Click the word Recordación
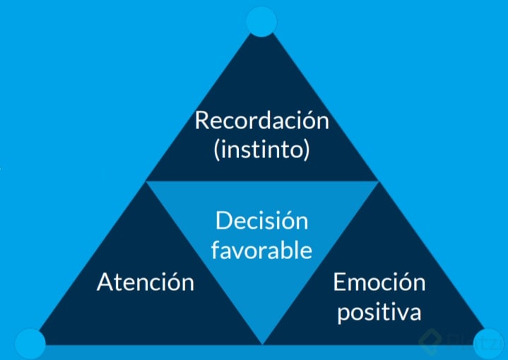pyautogui.click(x=262, y=121)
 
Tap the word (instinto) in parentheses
pyautogui.click(x=262, y=150)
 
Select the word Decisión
pyautogui.click(x=262, y=221)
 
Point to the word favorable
pyautogui.click(x=262, y=250)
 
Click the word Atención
pyautogui.click(x=146, y=282)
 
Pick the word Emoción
pyautogui.click(x=379, y=282)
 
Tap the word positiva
pyautogui.click(x=379, y=311)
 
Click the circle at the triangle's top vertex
pyautogui.click(x=261, y=20)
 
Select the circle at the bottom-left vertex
pyautogui.click(x=30, y=344)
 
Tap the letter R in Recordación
pyautogui.click(x=203, y=121)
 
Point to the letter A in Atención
pyautogui.click(x=105, y=282)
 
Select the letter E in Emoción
pyautogui.click(x=339, y=282)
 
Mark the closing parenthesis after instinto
pyautogui.click(x=307, y=151)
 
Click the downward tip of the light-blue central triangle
pyautogui.click(x=262, y=343)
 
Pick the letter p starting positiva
pyautogui.click(x=343, y=313)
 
